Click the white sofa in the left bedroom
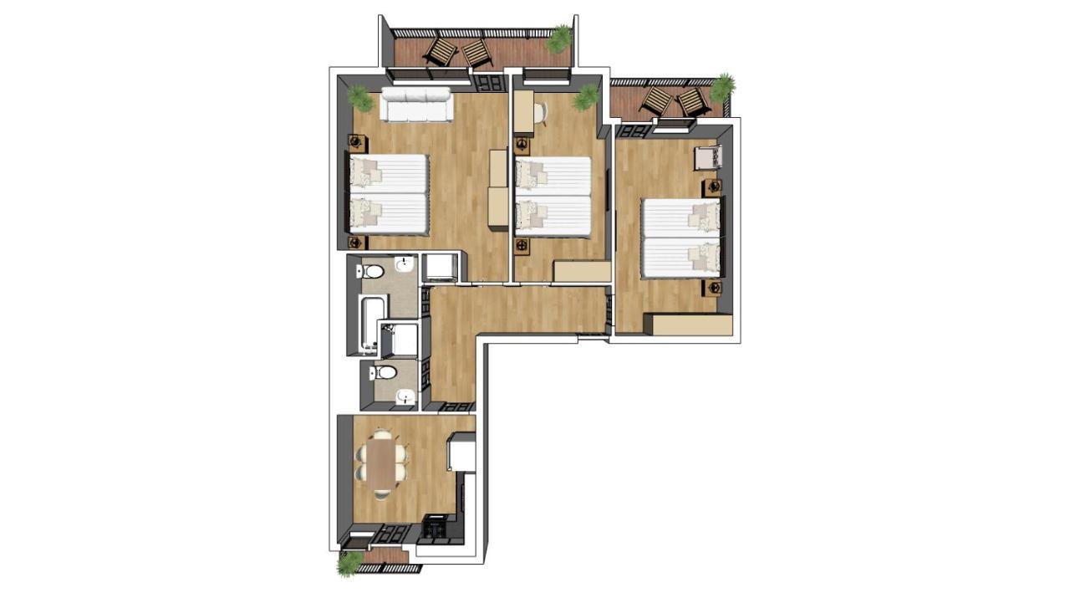(x=416, y=105)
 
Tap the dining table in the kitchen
(x=383, y=465)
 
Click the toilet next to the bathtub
(x=372, y=271)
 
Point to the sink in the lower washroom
(x=405, y=396)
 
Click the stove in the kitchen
(x=435, y=529)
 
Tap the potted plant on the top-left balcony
(x=559, y=38)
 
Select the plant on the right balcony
(x=722, y=86)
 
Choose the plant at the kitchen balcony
(x=349, y=563)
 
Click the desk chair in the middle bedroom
(x=540, y=111)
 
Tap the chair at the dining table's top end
(x=382, y=435)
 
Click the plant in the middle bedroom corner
(x=586, y=97)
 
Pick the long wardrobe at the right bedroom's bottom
(x=692, y=325)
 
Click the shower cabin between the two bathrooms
(x=399, y=340)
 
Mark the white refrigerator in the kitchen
(x=462, y=454)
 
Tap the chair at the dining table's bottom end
(x=382, y=494)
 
